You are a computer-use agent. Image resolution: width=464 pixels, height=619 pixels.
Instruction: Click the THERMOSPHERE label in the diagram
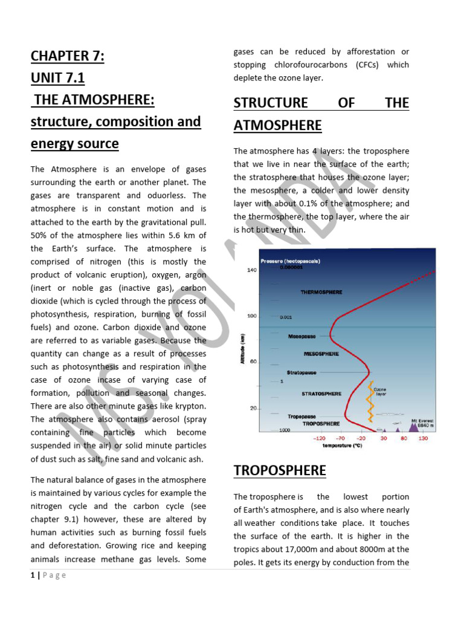point(321,292)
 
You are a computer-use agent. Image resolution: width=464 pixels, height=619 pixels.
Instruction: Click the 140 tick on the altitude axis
point(251,270)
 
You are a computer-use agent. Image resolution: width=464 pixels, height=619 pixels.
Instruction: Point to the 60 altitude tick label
point(254,361)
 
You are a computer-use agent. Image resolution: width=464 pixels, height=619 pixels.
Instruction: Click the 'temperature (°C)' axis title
point(342,445)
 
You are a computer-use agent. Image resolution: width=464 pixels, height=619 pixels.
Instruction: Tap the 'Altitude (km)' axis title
point(242,351)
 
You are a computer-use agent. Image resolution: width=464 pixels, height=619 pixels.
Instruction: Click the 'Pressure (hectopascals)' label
point(290,261)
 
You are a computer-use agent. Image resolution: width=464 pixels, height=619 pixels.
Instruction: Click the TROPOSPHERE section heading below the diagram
point(280,470)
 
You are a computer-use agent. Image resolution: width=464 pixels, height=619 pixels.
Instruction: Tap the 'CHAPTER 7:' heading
point(68,56)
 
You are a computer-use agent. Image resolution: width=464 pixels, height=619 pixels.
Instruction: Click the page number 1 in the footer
point(33,575)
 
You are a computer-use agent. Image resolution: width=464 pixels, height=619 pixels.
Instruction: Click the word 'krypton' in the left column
point(188,406)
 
